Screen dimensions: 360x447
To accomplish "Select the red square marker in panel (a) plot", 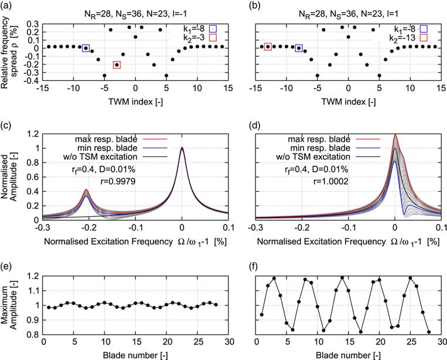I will pyautogui.click(x=117, y=65).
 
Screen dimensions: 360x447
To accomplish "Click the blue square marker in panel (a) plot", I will pyautogui.click(x=86, y=48).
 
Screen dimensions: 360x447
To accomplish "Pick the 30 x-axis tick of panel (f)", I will pyautogui.click(x=441, y=342).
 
